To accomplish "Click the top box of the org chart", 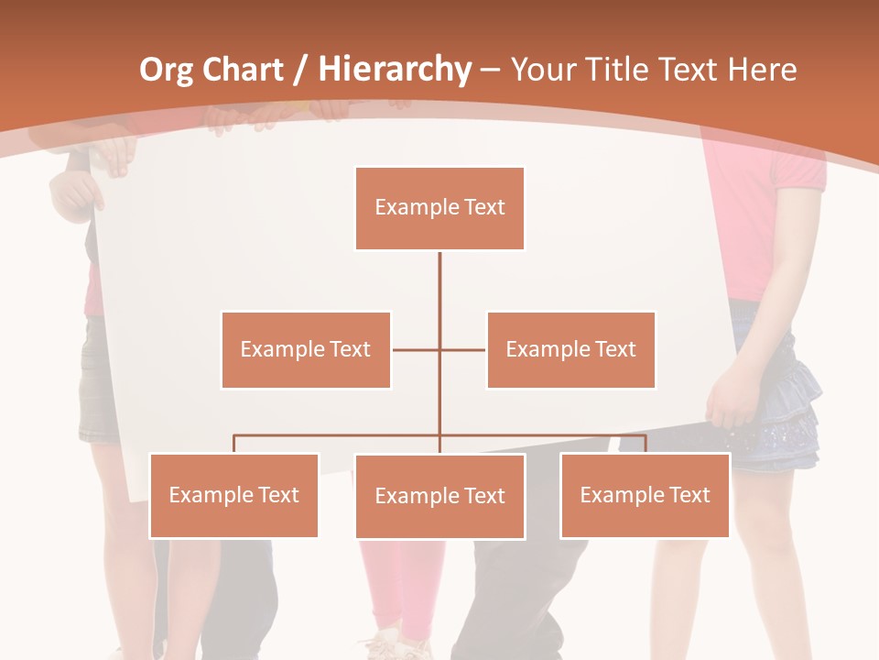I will click(x=439, y=208).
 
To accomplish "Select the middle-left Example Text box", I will click(x=306, y=349).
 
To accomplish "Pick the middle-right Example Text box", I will click(x=570, y=349).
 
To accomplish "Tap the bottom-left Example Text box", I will click(x=234, y=495).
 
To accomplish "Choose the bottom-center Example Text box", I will click(x=439, y=496).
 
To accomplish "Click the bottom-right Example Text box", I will click(x=645, y=495).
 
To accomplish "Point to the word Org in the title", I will click(x=166, y=70).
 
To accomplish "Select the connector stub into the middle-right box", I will click(x=463, y=349).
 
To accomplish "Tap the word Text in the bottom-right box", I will click(x=688, y=495).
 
